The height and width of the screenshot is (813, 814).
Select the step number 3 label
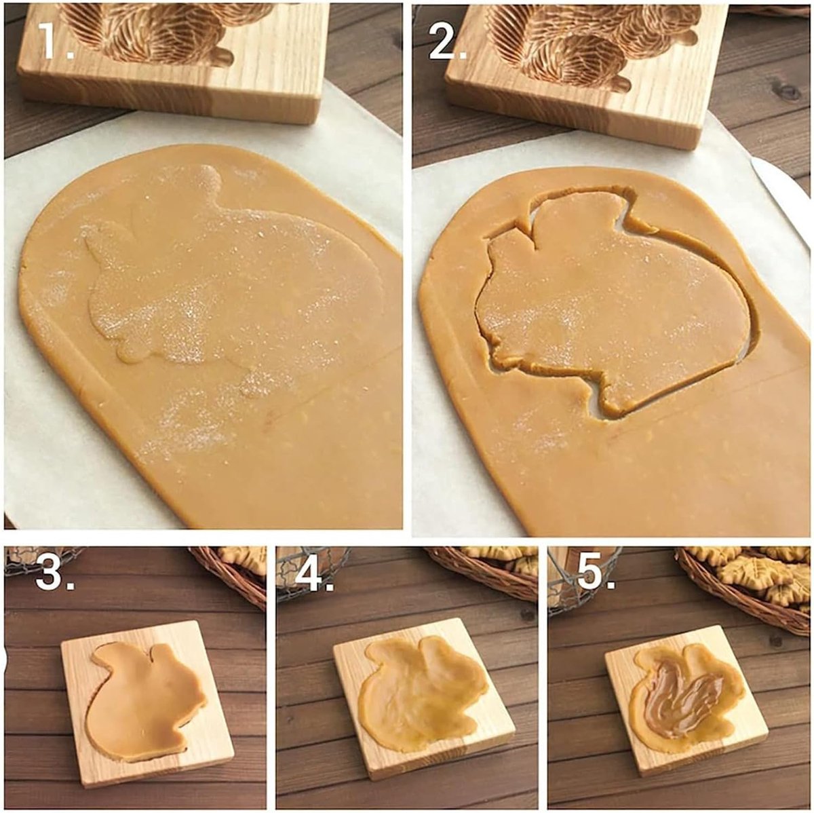click(55, 573)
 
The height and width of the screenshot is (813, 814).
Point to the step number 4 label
click(314, 573)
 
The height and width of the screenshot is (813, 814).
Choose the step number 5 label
click(596, 573)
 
